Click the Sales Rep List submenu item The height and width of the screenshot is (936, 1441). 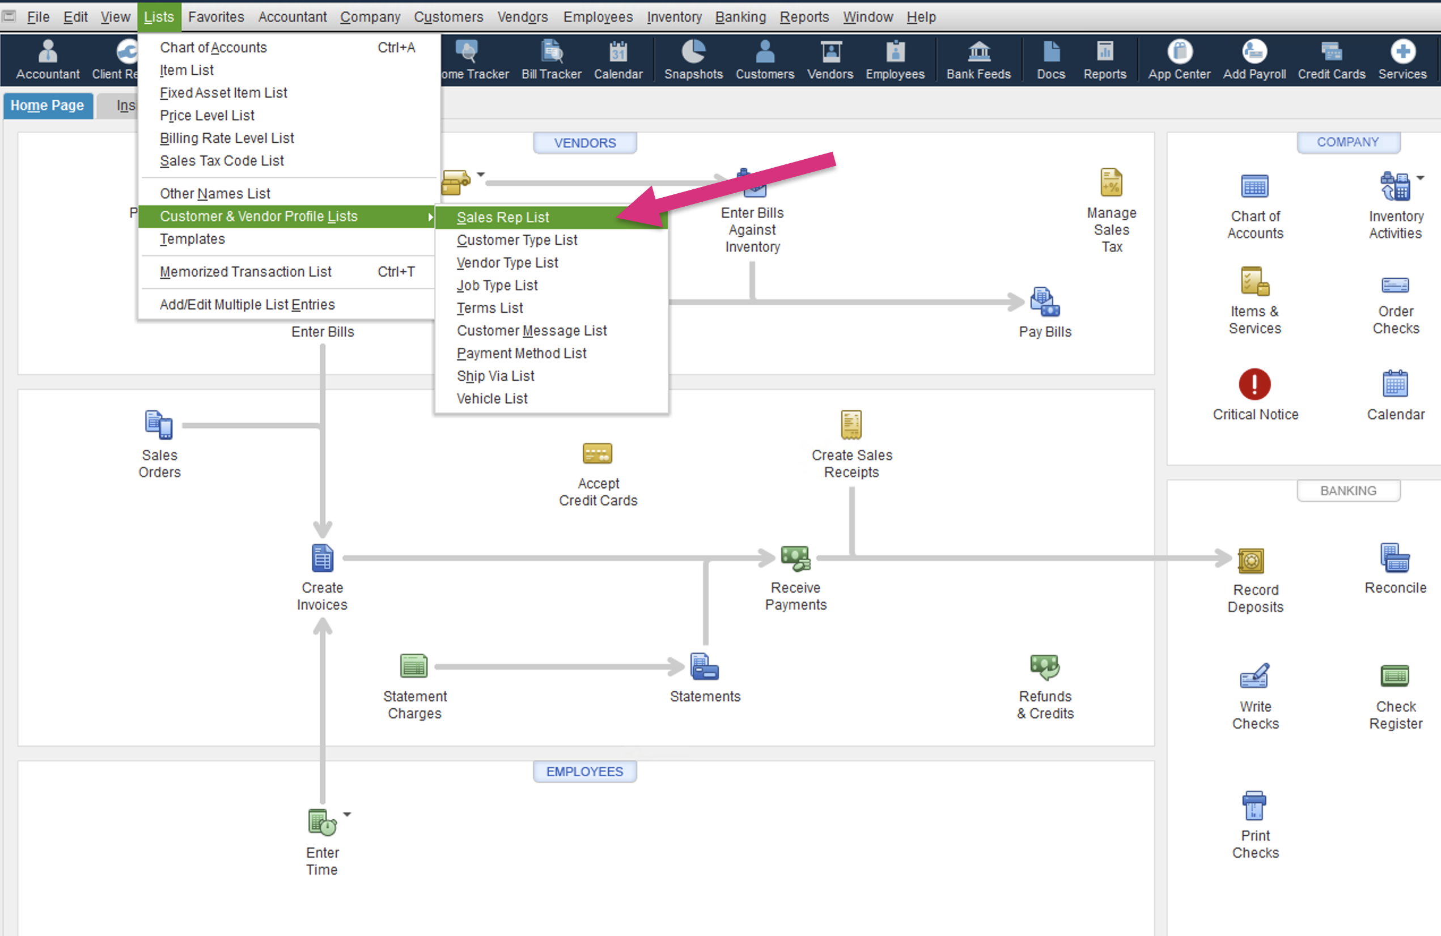pos(502,217)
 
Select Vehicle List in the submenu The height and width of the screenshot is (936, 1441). pos(491,399)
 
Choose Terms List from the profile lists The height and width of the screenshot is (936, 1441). pos(490,308)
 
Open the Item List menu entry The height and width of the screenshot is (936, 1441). pos(187,70)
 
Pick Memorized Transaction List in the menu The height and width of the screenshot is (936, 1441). pos(245,271)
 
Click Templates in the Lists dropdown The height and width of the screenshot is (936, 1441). pos(192,239)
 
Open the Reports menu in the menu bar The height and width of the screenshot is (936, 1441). pos(804,17)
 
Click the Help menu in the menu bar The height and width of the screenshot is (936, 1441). pos(921,17)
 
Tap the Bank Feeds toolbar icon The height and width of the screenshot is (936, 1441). pos(978,52)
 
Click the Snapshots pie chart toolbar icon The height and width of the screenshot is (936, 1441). pos(693,52)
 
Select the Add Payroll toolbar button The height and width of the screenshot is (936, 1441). pos(1254,52)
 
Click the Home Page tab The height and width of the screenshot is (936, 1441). pos(47,105)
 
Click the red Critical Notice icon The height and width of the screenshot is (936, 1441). pos(1254,384)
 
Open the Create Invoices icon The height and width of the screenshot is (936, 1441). pos(322,558)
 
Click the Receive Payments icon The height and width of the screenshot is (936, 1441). pos(795,558)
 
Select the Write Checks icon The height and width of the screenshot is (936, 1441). pos(1254,676)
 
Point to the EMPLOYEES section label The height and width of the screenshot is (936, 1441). pos(584,772)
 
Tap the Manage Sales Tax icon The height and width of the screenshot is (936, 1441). pos(1111,182)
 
